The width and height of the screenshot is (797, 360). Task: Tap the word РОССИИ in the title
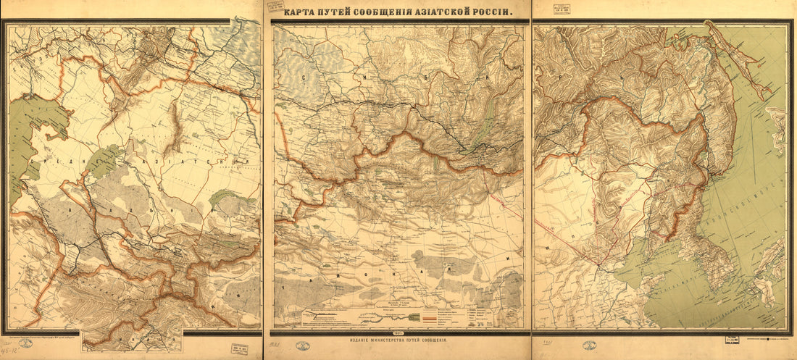coord(489,12)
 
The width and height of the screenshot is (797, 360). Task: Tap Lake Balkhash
coord(225,196)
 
